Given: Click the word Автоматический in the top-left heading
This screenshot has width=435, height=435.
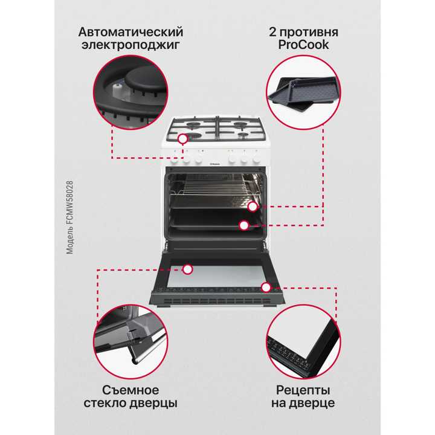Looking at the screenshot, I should pyautogui.click(x=130, y=31).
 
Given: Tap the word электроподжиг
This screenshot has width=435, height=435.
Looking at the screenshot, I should pyautogui.click(x=130, y=45).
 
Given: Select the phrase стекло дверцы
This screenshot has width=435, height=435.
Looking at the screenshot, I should pyautogui.click(x=131, y=403).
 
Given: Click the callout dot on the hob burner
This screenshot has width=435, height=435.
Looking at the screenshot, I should pyautogui.click(x=182, y=138).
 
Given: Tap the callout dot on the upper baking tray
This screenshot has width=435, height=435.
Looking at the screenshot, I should pyautogui.click(x=253, y=207).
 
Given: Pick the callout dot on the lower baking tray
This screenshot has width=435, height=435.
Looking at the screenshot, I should pyautogui.click(x=243, y=225).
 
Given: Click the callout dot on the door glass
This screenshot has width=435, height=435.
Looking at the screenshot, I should pyautogui.click(x=188, y=268).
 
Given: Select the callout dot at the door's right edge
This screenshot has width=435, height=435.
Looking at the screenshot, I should pyautogui.click(x=265, y=285).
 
